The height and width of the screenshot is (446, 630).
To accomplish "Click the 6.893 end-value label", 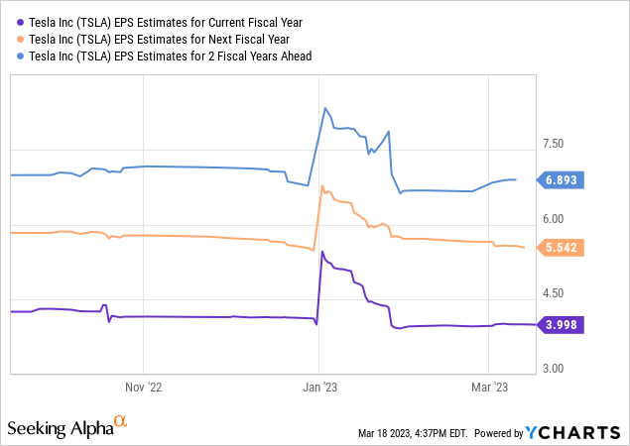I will point(566,180).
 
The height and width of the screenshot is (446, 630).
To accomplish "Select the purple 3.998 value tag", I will point(566,324).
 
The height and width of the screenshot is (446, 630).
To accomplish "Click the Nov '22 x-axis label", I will point(144,388).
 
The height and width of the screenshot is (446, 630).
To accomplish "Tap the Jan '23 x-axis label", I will point(318,388).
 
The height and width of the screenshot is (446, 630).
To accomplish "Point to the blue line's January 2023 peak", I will point(324,107).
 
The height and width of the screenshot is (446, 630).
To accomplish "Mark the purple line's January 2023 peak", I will point(321,252).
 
